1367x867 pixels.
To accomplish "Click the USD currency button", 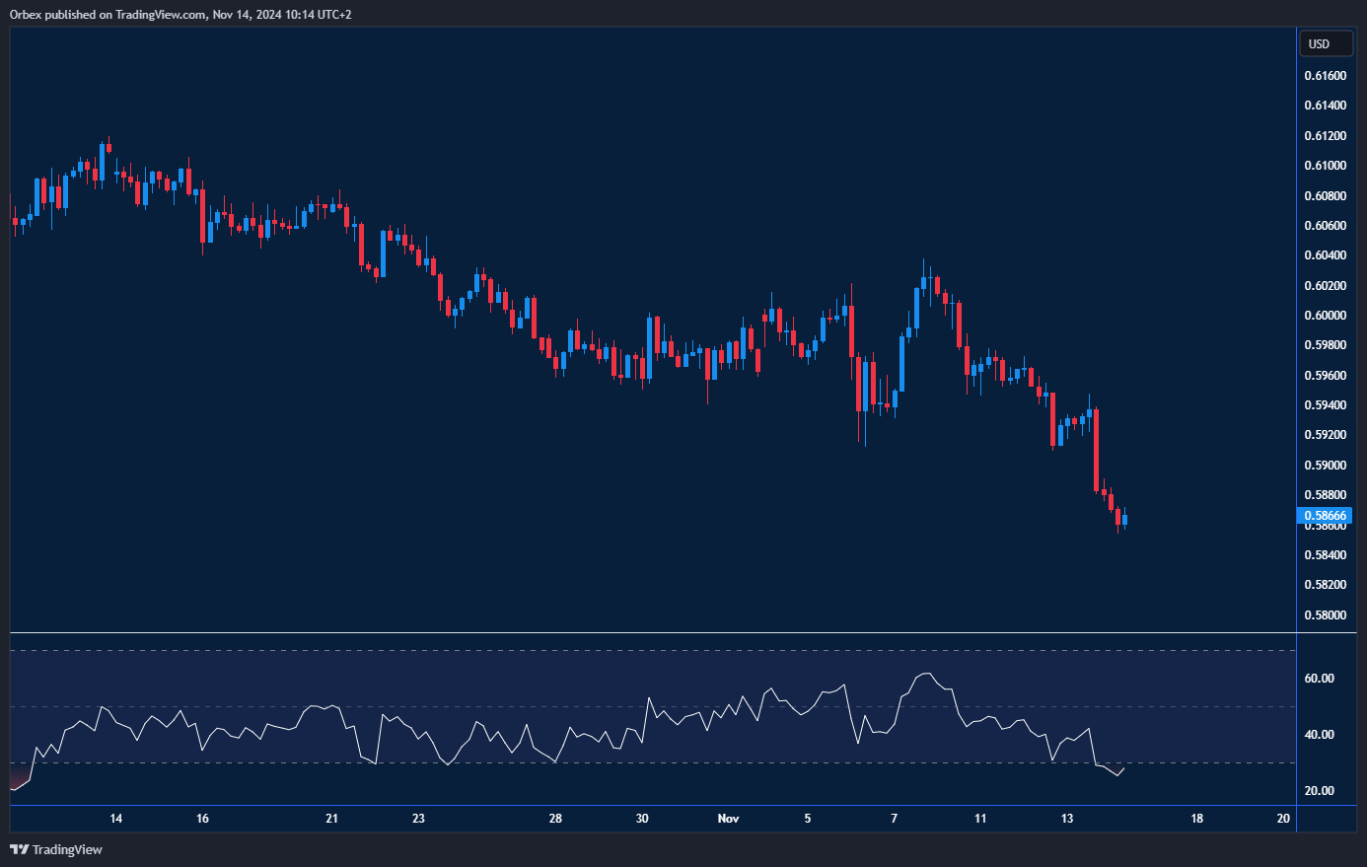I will click(x=1325, y=43).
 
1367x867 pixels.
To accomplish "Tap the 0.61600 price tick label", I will click(x=1325, y=76).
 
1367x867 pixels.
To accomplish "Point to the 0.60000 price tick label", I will click(x=1325, y=316).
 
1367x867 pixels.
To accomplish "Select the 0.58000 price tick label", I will click(x=1325, y=615).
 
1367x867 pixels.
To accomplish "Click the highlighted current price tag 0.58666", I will click(x=1325, y=516).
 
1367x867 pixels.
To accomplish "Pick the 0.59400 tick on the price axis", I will click(x=1325, y=405).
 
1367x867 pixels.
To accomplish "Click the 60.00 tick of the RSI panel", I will click(x=1319, y=679).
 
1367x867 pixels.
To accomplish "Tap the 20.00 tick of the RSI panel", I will click(x=1319, y=791).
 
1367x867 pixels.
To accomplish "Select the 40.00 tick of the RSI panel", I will click(x=1319, y=735).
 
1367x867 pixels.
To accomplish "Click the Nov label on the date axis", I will click(x=728, y=819).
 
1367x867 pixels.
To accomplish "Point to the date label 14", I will click(x=115, y=819).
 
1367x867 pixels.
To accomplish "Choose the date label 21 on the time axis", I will click(x=331, y=819).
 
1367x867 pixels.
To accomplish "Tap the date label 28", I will click(x=555, y=819).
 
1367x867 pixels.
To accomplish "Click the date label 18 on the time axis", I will click(x=1196, y=819).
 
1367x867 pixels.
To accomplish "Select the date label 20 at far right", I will click(x=1283, y=819).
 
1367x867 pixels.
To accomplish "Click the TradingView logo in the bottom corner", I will click(x=56, y=849).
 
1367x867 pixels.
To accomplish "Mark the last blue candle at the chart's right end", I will click(x=1125, y=520).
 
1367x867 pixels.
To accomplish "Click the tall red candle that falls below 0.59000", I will click(x=1096, y=450).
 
